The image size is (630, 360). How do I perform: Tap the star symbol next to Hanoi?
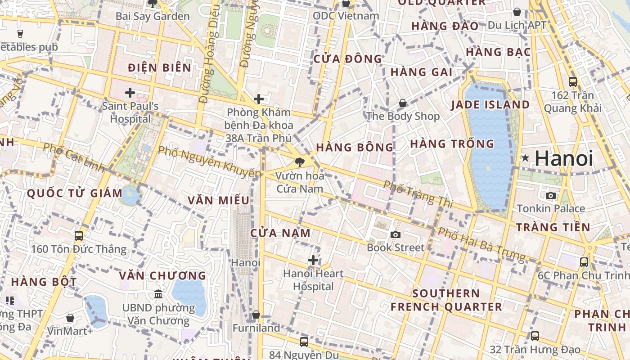coord(525,158)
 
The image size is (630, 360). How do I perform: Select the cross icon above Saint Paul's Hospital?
coord(130,93)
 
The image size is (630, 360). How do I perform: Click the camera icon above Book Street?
coord(396,234)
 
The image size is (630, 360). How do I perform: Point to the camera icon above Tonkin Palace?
coord(551,195)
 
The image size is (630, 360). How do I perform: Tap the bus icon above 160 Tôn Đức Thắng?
coord(79,235)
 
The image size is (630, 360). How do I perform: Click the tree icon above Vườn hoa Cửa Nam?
coord(299,162)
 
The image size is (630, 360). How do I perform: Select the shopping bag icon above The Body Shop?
coord(403,103)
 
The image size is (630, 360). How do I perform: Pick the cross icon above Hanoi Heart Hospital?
coord(313,260)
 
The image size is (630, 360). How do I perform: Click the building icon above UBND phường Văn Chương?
coord(158,294)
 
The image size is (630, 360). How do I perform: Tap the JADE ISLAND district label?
coord(490,105)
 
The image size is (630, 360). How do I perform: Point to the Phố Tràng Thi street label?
coord(418,194)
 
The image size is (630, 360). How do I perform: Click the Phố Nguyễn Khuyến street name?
coord(209,162)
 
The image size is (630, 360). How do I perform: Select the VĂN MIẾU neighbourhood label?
coord(218,200)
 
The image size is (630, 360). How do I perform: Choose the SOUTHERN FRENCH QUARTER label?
coord(446,300)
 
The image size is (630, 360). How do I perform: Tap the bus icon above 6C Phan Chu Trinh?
coord(584,262)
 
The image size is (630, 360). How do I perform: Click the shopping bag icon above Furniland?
coord(256,315)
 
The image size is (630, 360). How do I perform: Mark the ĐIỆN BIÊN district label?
coord(159,68)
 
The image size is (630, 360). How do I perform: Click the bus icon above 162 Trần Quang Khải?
coord(573,81)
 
